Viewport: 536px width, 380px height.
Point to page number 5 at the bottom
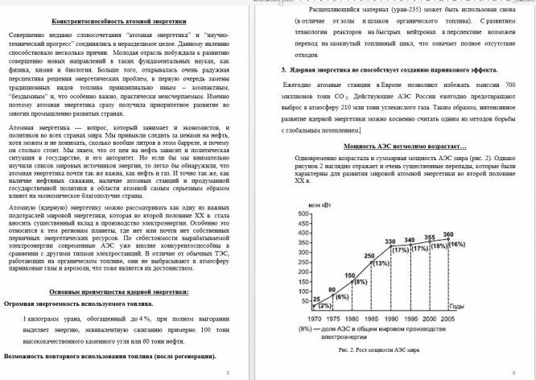(x=227, y=374)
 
